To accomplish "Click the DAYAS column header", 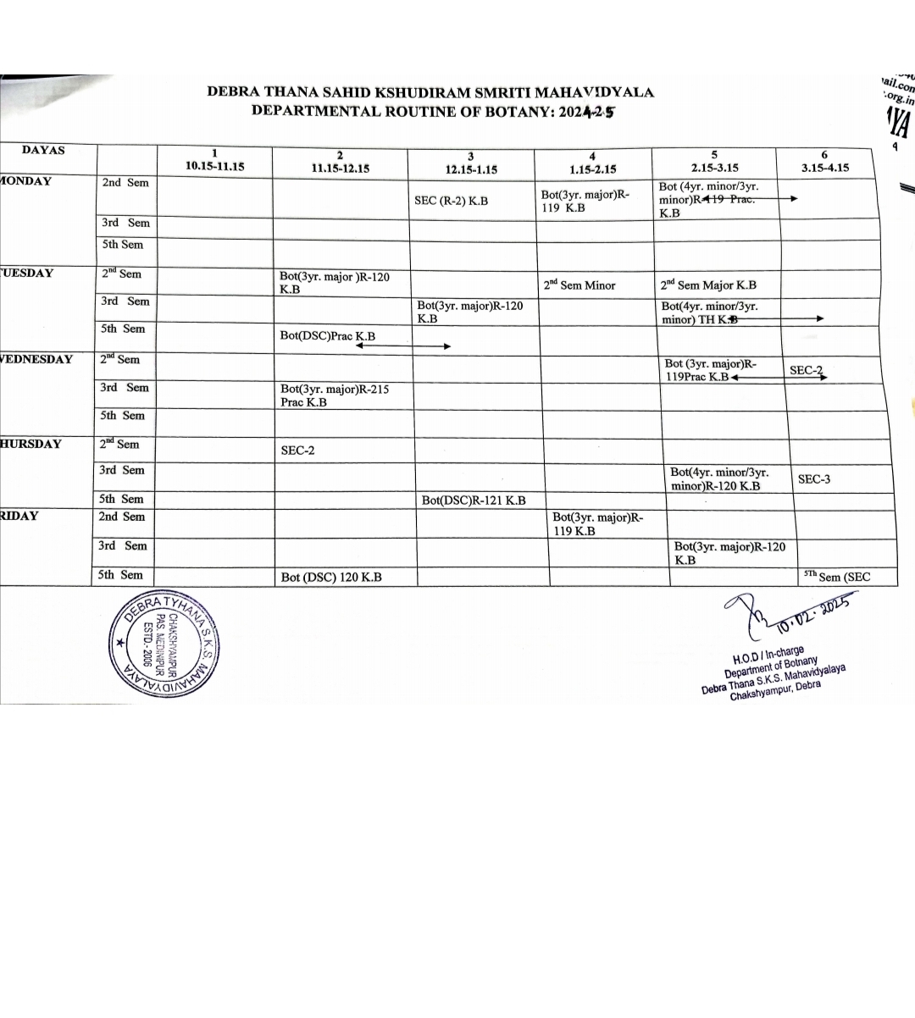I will point(43,151).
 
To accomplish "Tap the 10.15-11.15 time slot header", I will point(214,166).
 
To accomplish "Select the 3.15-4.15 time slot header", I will point(824,167).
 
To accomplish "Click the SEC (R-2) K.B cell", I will point(451,201).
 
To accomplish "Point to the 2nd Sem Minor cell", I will point(579,285).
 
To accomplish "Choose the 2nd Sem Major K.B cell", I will point(708,285).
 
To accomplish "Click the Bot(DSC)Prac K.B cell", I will point(327,336).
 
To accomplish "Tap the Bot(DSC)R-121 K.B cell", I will point(474,501).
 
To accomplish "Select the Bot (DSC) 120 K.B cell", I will point(331,578).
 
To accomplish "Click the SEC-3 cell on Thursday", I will point(814,479).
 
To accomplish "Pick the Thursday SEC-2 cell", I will point(297,451).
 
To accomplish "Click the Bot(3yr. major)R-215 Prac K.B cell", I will point(335,396).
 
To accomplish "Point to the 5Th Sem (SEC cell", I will point(836,577).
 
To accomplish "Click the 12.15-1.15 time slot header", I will point(471,169).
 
